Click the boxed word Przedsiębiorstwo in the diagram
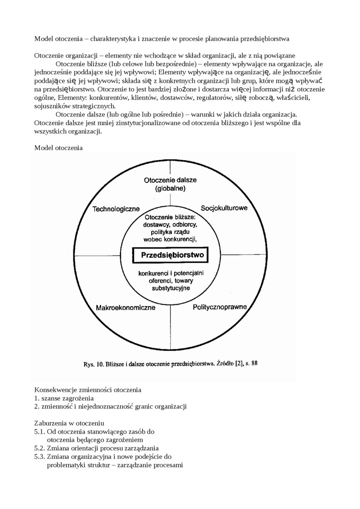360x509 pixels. [x=172, y=256]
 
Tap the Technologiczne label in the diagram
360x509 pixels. [x=116, y=209]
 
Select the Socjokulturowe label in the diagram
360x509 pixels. [x=224, y=208]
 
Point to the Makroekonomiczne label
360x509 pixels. [x=126, y=308]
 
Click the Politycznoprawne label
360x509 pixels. [x=220, y=307]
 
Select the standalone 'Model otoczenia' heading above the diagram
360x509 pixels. [x=58, y=148]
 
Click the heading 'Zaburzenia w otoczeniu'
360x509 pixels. [x=69, y=422]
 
